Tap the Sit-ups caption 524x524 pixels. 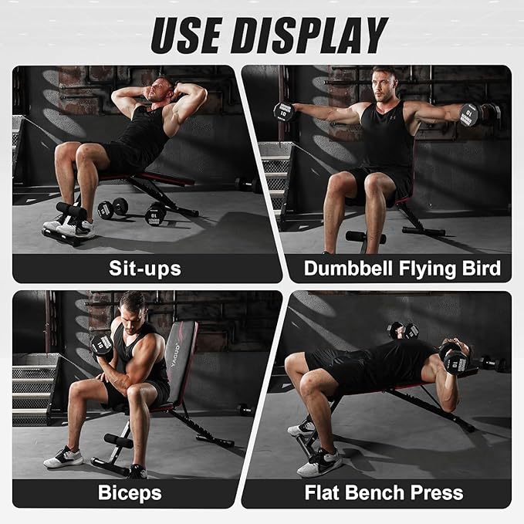[144, 269]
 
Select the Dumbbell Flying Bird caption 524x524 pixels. [401, 269]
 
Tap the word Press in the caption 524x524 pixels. [434, 492]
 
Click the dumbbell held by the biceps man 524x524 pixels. [102, 344]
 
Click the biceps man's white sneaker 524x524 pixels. [63, 458]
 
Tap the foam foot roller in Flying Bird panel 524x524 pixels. [365, 237]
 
